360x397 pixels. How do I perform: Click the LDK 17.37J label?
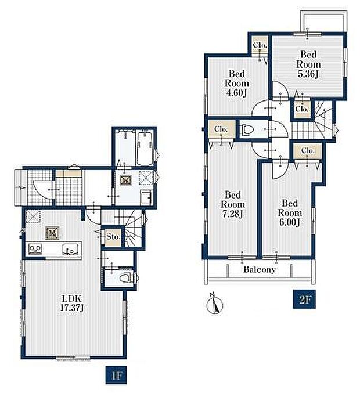click(x=72, y=303)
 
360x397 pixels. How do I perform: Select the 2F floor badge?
click(x=304, y=299)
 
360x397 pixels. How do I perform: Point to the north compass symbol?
click(x=215, y=304)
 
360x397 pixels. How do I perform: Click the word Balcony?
click(x=260, y=269)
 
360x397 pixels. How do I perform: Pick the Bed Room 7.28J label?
click(x=233, y=204)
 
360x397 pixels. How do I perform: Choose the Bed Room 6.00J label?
click(x=290, y=212)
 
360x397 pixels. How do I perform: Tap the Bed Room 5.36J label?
click(x=308, y=64)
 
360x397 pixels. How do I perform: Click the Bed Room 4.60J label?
click(x=237, y=84)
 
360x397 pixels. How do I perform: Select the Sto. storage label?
click(x=113, y=237)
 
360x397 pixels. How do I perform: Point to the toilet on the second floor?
click(x=247, y=129)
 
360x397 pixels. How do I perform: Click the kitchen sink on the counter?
click(x=71, y=250)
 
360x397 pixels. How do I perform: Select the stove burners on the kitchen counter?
click(x=35, y=249)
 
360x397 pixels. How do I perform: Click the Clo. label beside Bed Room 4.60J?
click(x=260, y=45)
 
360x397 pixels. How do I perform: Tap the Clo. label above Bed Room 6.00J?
click(x=308, y=151)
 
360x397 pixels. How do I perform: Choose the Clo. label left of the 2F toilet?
click(x=221, y=129)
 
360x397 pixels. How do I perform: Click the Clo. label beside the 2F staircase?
click(x=302, y=109)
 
